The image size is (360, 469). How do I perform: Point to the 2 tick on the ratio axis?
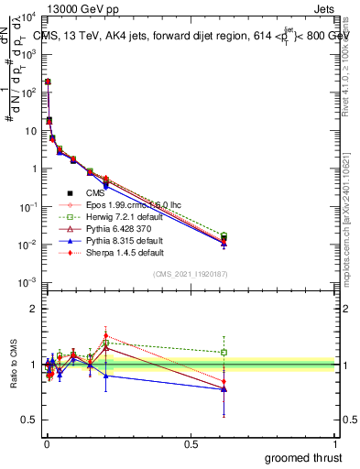tap(33, 309)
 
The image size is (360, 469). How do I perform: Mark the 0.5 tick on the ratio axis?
tap(29, 421)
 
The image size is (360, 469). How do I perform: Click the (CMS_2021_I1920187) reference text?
tap(189, 274)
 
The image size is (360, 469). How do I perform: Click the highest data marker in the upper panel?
tap(47, 82)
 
